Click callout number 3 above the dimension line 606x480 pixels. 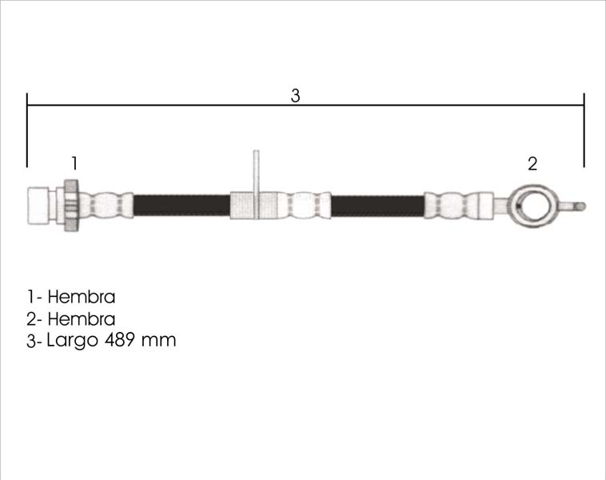[x=295, y=95]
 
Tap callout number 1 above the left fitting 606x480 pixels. [x=74, y=163]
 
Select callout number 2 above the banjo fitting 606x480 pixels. [x=532, y=164]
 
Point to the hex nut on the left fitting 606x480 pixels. [x=71, y=206]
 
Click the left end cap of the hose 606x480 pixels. [x=38, y=206]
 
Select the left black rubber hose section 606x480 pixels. [x=181, y=206]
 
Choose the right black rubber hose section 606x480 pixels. [x=377, y=206]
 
